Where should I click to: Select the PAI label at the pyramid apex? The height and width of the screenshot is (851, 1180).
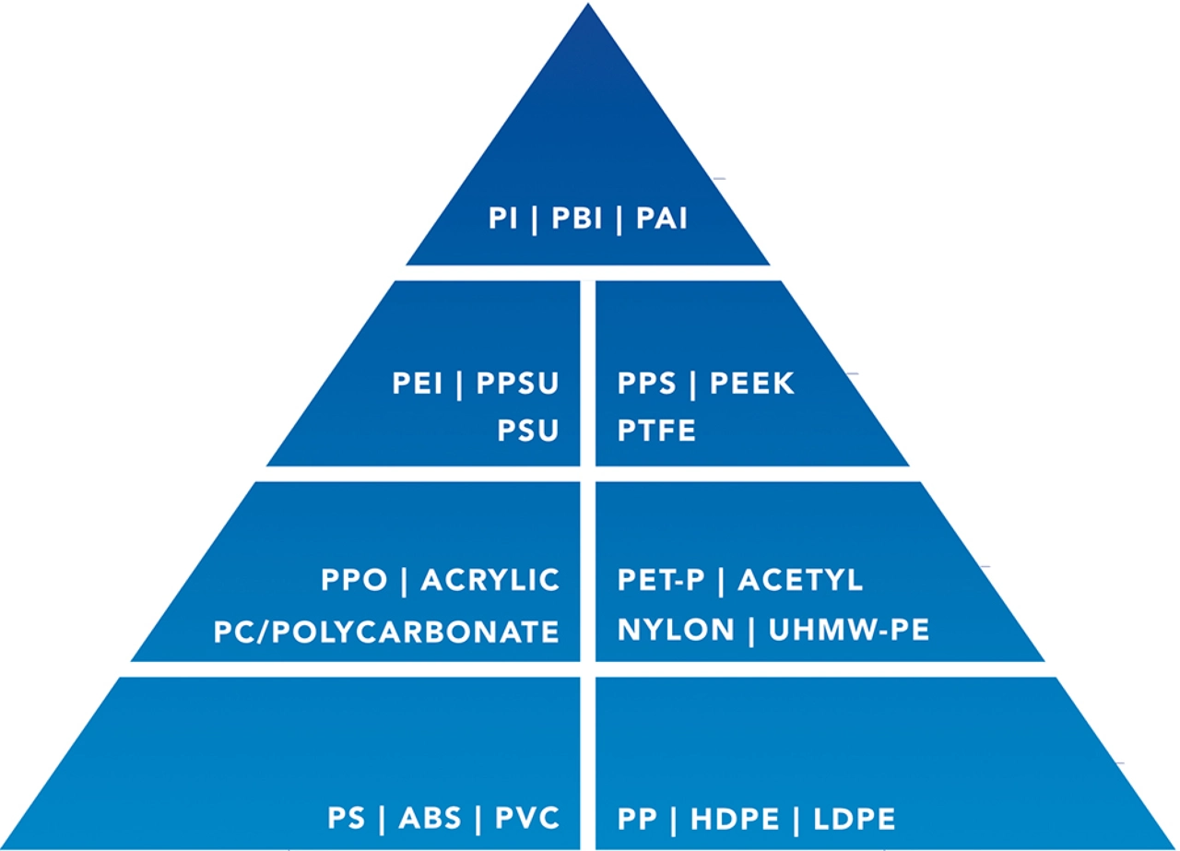(662, 220)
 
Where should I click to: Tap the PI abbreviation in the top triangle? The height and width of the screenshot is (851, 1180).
(503, 220)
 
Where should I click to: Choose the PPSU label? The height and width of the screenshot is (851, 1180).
(517, 384)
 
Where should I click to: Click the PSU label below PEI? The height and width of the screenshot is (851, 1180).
(528, 431)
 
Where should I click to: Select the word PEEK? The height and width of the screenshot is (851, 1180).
(751, 384)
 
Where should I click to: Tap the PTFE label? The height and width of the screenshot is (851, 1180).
(656, 431)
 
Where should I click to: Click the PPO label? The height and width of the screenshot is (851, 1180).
(355, 581)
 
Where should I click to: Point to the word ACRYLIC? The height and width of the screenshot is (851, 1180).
(490, 581)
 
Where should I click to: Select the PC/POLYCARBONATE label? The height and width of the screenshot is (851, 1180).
(386, 632)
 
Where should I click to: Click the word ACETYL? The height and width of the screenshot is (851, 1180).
(800, 581)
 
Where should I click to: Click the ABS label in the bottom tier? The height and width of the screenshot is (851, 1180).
(433, 819)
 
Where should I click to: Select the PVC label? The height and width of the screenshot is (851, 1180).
(526, 819)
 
